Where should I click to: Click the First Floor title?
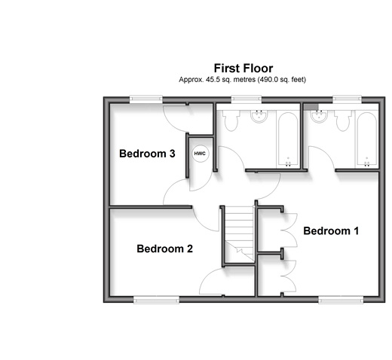pyautogui.click(x=243, y=69)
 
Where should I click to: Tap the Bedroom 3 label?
pyautogui.click(x=147, y=154)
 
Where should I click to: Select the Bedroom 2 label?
pyautogui.click(x=164, y=249)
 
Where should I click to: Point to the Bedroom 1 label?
pyautogui.click(x=331, y=231)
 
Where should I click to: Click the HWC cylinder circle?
pyautogui.click(x=201, y=154)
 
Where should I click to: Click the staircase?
pyautogui.click(x=239, y=234)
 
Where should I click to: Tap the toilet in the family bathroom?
pyautogui.click(x=231, y=120)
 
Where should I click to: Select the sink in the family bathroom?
pyautogui.click(x=259, y=116)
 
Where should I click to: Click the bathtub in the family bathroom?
pyautogui.click(x=288, y=140)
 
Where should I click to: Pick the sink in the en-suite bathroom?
pyautogui.click(x=319, y=116)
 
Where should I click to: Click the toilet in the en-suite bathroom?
pyautogui.click(x=343, y=120)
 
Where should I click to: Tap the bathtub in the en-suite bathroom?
pyautogui.click(x=367, y=140)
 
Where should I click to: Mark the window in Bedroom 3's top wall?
pyautogui.click(x=146, y=99)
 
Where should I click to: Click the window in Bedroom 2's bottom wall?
pyautogui.click(x=156, y=300)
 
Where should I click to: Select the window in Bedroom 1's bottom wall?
pyautogui.click(x=341, y=300)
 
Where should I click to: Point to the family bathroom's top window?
pyautogui.click(x=247, y=99)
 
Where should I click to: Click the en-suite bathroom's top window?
pyautogui.click(x=348, y=99)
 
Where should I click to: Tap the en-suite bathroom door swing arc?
pyautogui.click(x=326, y=152)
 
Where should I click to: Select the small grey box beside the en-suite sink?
pyautogui.click(x=311, y=107)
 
